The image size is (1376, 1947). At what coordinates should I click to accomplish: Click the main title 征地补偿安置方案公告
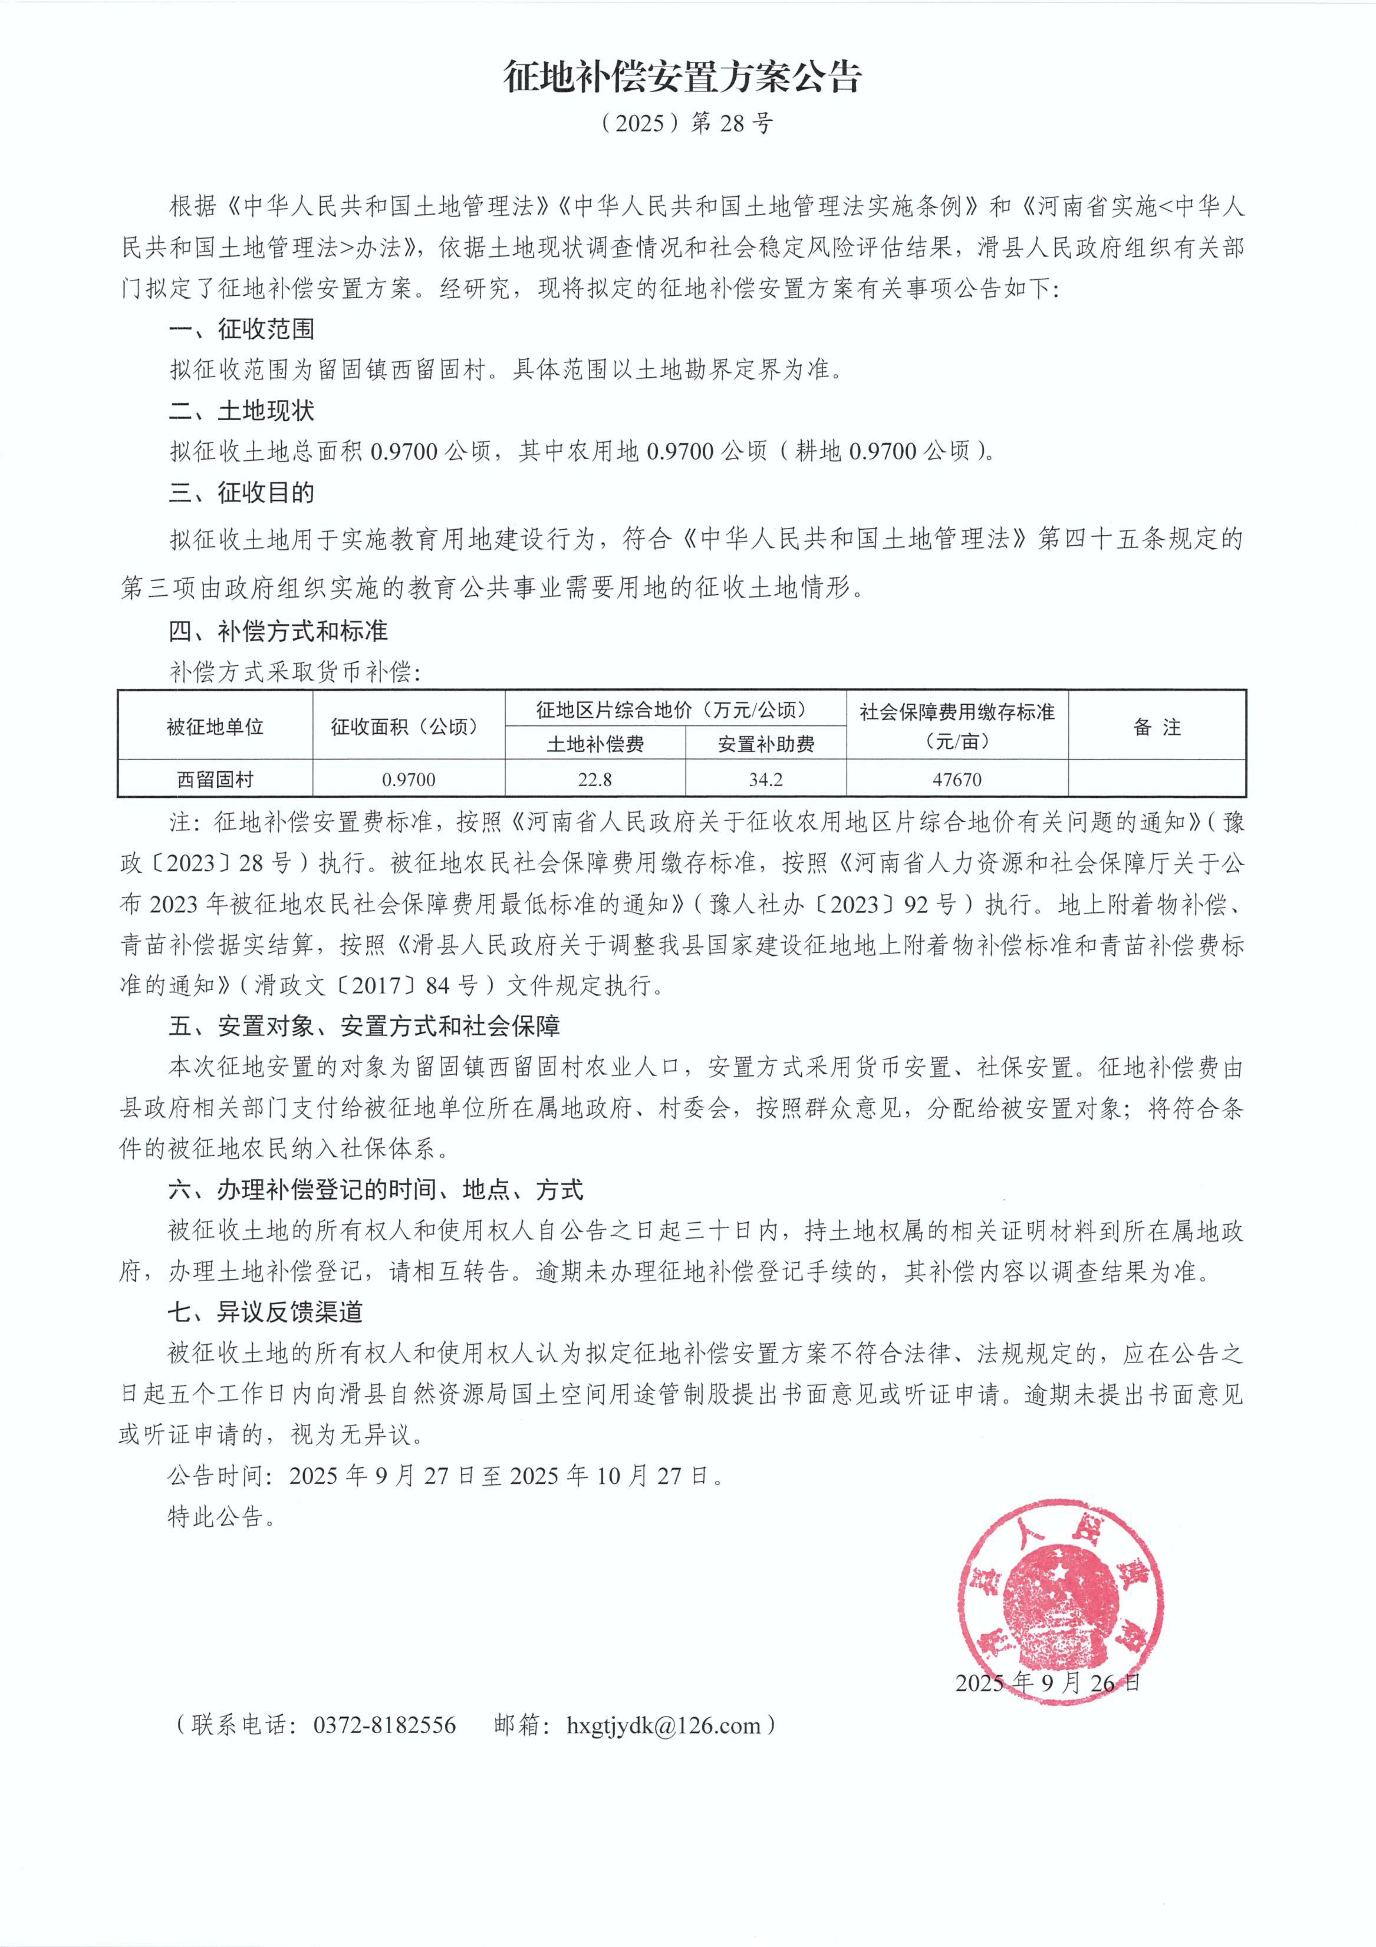[683, 77]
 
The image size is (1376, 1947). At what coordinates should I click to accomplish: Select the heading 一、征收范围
[242, 329]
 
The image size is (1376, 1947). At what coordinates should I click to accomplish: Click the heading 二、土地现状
[242, 411]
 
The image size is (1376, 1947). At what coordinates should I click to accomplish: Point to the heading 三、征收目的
[242, 493]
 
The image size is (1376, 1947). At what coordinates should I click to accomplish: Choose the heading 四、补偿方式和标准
[278, 631]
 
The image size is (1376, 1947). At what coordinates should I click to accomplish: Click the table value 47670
[957, 779]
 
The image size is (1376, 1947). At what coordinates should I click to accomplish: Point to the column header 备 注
[1156, 727]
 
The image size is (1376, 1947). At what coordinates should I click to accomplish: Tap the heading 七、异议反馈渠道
[266, 1312]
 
